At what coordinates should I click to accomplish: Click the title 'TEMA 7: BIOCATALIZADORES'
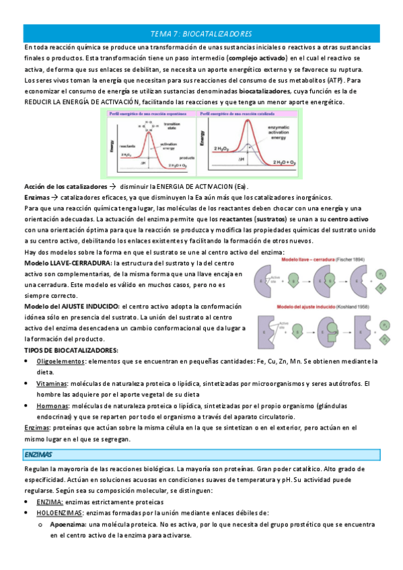(201, 33)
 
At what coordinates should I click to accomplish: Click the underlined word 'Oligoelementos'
(61, 362)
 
